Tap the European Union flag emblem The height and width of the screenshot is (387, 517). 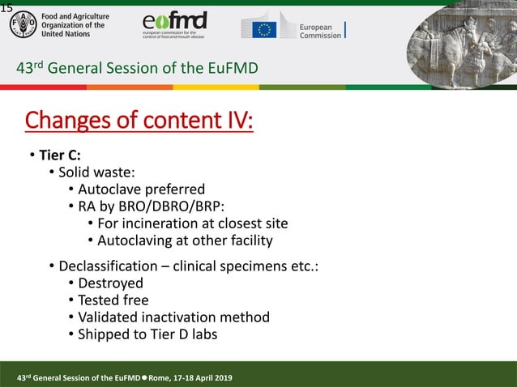pos(264,29)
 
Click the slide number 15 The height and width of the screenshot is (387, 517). pos(6,7)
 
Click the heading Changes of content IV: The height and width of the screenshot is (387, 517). pos(139,121)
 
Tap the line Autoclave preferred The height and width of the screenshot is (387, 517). pos(141,190)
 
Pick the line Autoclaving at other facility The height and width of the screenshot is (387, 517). pos(185,240)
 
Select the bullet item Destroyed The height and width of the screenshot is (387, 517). pos(110,283)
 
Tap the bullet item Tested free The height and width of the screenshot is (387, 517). pos(113,300)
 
